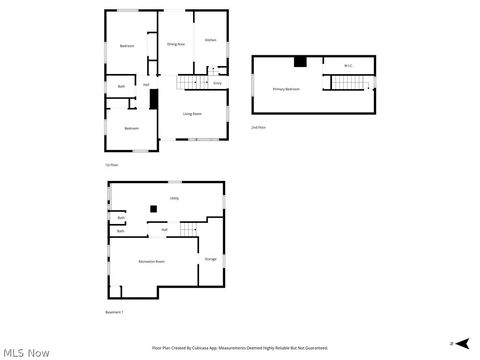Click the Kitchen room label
(210, 40)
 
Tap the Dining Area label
(175, 44)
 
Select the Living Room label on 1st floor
(193, 113)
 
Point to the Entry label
(217, 83)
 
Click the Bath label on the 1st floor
(121, 87)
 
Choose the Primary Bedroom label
(286, 89)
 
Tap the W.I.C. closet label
(348, 66)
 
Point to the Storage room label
(211, 259)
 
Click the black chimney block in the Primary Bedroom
(299, 62)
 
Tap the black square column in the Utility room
(153, 208)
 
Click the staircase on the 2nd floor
(344, 82)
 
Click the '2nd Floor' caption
(258, 127)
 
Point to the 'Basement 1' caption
(115, 313)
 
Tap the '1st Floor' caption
(111, 163)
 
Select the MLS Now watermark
(26, 352)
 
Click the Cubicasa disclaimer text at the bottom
(239, 347)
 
